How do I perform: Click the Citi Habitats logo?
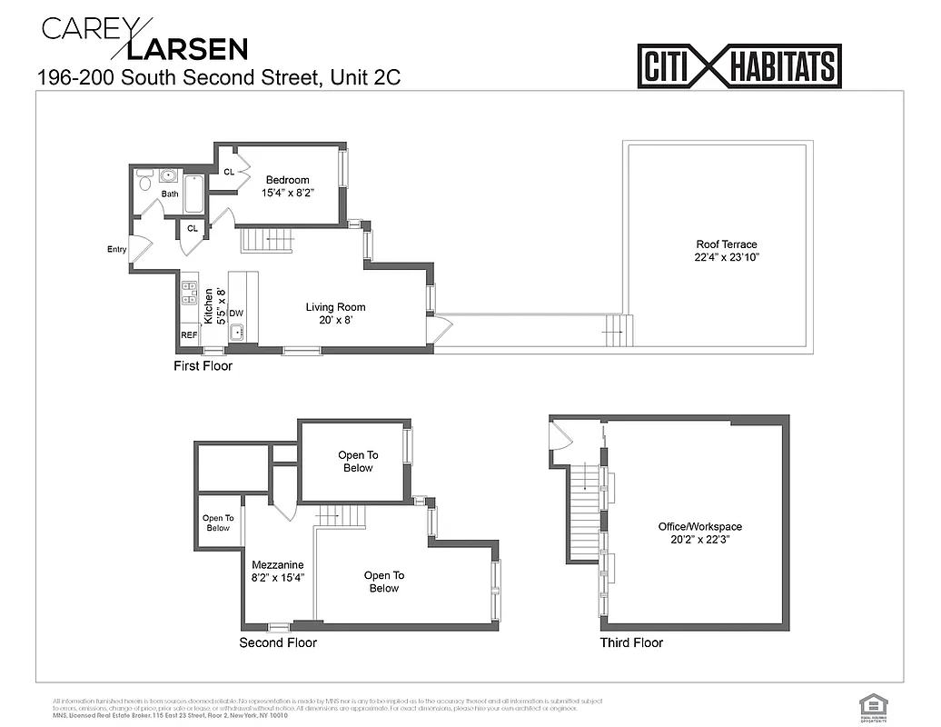tap(739, 66)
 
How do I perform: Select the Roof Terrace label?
tap(726, 244)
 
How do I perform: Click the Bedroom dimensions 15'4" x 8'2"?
tap(287, 193)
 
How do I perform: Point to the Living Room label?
tap(335, 307)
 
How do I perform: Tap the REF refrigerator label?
tap(189, 335)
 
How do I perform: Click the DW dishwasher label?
tap(235, 314)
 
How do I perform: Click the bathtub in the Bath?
tap(194, 194)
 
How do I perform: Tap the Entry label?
tap(116, 249)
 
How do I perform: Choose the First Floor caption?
tap(203, 366)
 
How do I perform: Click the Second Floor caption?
tap(278, 643)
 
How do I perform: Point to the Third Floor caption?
tap(631, 643)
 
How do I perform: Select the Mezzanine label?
tap(277, 564)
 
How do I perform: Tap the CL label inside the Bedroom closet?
tap(229, 172)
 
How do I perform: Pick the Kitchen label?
tap(209, 307)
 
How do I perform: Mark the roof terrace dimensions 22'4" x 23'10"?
tap(726, 257)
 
